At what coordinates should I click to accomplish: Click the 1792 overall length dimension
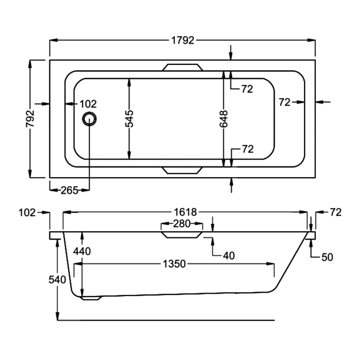(182, 40)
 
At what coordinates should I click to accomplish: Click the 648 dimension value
(224, 119)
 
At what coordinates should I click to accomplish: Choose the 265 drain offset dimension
(70, 190)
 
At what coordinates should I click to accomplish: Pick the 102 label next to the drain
(88, 104)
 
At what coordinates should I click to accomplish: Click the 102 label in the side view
(27, 212)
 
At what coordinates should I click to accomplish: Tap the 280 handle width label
(182, 224)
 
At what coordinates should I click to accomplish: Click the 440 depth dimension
(82, 252)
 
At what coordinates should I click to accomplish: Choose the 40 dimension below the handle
(229, 256)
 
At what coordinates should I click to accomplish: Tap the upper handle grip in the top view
(182, 67)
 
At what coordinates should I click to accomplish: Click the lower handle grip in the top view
(182, 170)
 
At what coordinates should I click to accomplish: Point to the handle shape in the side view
(182, 235)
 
